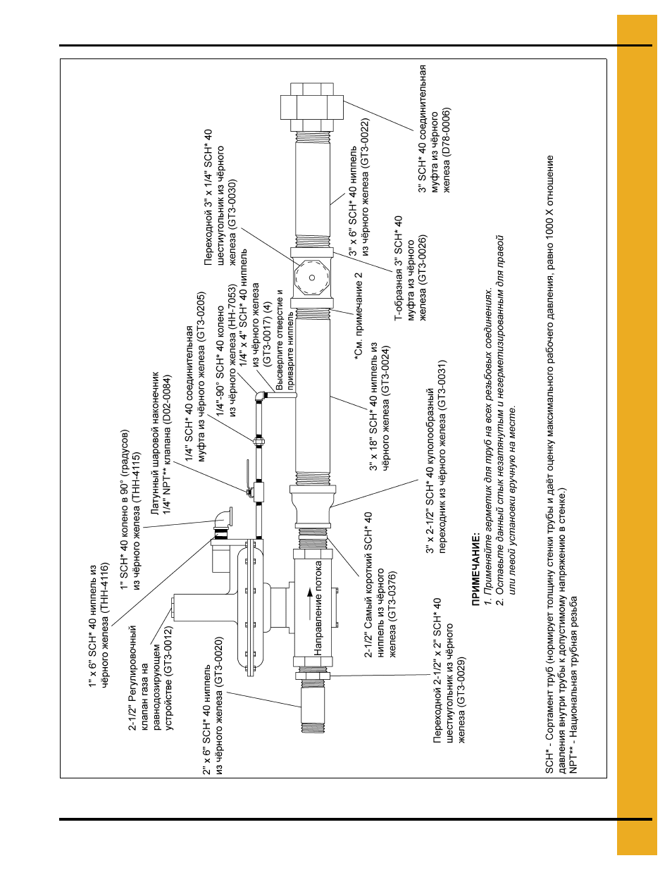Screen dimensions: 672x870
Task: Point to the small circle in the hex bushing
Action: click(x=312, y=278)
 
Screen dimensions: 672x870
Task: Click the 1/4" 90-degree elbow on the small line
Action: click(x=261, y=396)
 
